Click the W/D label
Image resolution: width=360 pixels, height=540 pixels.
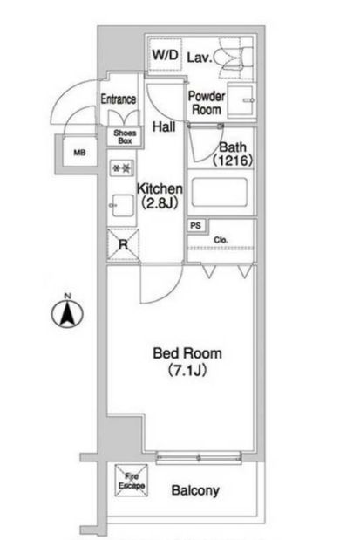pos(166,55)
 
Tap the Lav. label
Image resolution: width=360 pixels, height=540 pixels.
pos(199,58)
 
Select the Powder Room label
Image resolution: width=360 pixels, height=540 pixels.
pos(207,104)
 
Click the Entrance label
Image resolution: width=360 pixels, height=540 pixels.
pos(119,99)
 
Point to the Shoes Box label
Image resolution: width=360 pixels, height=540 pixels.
pos(123,136)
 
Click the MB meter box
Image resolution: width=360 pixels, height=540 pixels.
pos(79,153)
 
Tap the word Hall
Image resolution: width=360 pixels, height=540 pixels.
pos(163,127)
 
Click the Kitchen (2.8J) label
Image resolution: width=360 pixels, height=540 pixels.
pos(159,195)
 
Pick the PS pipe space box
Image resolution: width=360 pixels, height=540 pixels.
pos(196,225)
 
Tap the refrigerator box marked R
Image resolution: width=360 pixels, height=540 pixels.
pos(122,244)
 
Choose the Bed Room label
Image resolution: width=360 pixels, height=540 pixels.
pos(187,353)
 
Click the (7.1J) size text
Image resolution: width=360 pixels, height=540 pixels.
pos(187,371)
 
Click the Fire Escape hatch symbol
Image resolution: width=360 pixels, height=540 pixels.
pos(132,480)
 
